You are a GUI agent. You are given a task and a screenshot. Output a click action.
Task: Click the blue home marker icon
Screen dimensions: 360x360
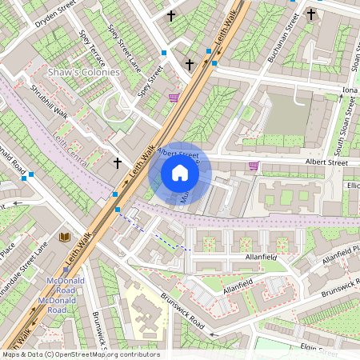coord(180,173)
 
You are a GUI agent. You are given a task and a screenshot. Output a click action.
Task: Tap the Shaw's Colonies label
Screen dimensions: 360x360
coord(83,72)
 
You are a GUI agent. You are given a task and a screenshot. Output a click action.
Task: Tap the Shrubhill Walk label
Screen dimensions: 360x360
coord(48,101)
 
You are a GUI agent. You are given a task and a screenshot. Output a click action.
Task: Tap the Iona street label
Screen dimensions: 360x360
coord(350,90)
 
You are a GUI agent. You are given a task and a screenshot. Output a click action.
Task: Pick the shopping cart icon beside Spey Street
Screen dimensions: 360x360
coord(174,98)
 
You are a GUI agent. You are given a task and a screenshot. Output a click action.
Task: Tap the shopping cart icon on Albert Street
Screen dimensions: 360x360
coord(254,166)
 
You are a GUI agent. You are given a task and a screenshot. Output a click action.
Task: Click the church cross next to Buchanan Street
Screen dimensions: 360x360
coord(311,14)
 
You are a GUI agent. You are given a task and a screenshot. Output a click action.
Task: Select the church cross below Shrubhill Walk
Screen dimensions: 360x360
coord(118,162)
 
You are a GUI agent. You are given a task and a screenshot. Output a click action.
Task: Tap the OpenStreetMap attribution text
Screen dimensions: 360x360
coord(80,354)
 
